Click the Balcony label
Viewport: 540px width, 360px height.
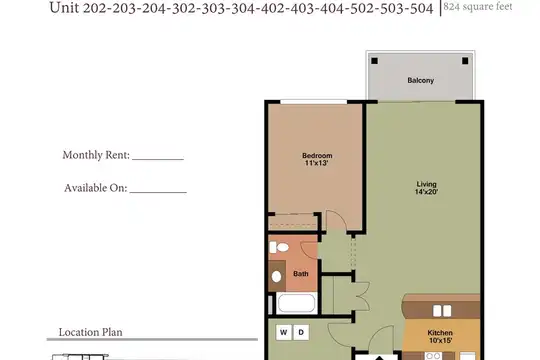pos(420,80)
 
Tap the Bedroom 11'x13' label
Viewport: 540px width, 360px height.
pos(317,159)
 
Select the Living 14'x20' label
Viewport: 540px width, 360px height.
pos(426,188)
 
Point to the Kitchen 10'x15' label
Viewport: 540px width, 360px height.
pos(440,337)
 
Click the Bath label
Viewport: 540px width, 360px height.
pos(301,274)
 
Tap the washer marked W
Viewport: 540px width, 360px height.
pos(284,332)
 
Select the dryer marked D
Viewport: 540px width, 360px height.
pos(301,332)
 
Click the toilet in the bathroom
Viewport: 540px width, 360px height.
pos(279,247)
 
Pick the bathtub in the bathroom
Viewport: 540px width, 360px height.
pos(296,303)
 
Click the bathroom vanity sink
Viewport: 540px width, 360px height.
pos(277,276)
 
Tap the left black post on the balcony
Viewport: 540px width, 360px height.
pos(374,61)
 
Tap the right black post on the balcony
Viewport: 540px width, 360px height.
pos(465,61)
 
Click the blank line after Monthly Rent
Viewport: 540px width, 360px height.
pos(158,160)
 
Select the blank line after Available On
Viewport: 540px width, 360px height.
pos(158,192)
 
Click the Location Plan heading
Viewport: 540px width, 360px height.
pos(91,332)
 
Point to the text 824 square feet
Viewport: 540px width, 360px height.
pos(478,7)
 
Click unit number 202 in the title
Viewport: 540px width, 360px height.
pos(96,8)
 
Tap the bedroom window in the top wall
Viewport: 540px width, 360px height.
pos(313,102)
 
